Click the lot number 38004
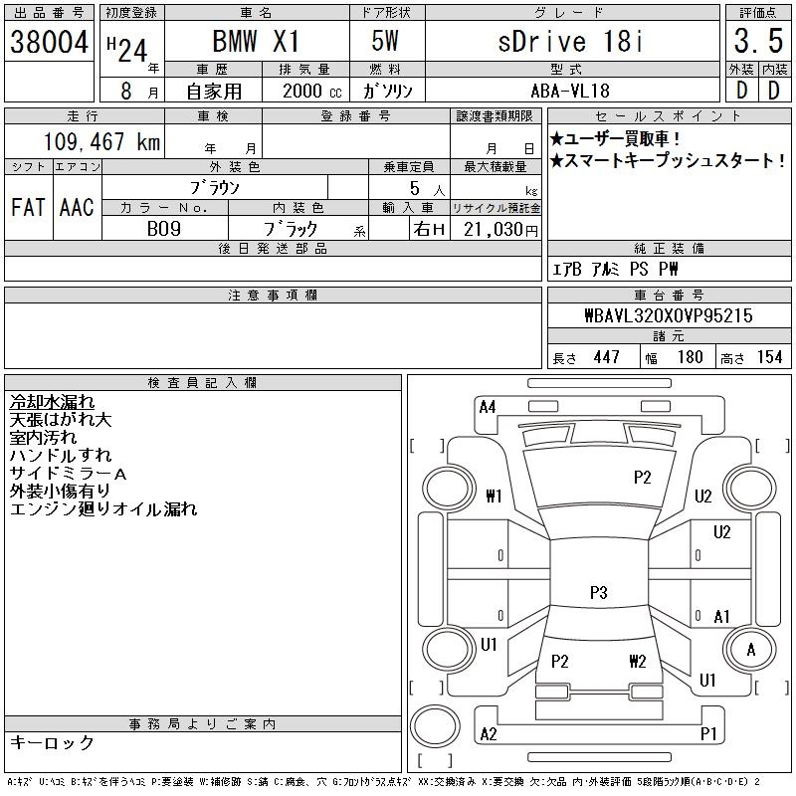coord(49,42)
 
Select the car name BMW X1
coord(256,43)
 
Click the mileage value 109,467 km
coord(102,142)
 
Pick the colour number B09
coord(165,228)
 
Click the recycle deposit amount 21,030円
coord(497,229)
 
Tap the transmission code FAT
coord(28,208)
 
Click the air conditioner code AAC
coord(76,208)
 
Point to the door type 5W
coord(387,43)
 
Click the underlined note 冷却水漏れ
coord(52,402)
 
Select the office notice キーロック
coord(52,742)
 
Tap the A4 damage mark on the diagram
coord(488,406)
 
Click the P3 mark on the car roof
coord(598,592)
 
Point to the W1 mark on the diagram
coord(494,496)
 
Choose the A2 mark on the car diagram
coord(488,733)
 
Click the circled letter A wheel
coord(752,649)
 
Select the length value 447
coord(607,357)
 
